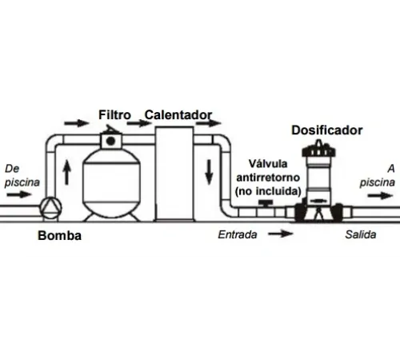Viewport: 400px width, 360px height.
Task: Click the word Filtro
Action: [114, 115]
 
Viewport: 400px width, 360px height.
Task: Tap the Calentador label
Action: [178, 115]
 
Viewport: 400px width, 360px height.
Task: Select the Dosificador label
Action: [327, 130]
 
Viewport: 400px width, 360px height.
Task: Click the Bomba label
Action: [60, 235]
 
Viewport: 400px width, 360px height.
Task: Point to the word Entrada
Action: [238, 234]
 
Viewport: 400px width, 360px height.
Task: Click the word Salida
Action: [361, 234]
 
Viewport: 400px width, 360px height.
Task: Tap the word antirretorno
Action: [268, 178]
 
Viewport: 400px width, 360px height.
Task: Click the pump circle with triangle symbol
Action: [50, 208]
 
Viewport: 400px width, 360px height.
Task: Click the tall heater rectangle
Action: [174, 174]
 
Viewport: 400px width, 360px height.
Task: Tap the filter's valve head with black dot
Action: [111, 141]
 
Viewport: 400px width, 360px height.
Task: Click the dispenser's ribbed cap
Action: [318, 150]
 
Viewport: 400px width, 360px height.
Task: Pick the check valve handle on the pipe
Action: [266, 204]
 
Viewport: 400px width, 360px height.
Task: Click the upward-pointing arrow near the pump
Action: [67, 172]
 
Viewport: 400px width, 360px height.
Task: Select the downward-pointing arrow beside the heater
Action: [209, 172]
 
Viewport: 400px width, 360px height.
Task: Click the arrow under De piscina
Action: [19, 194]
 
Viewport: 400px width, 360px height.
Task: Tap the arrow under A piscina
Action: [380, 196]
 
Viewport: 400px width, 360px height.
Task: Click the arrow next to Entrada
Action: [281, 234]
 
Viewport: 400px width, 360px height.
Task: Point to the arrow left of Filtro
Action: [77, 123]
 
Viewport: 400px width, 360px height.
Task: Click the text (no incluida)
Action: [268, 191]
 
